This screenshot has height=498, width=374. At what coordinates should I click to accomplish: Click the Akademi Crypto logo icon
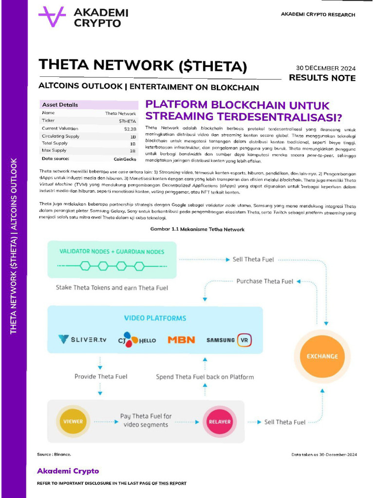(x=52, y=17)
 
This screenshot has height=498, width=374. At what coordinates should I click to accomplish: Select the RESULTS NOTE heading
(x=322, y=78)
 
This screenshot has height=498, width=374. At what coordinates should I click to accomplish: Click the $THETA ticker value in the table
(x=128, y=121)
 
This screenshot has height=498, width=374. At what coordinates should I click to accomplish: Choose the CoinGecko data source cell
(x=125, y=159)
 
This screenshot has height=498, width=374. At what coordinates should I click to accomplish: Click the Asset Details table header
(x=60, y=105)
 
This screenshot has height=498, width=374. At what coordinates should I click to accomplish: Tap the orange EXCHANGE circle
(x=322, y=356)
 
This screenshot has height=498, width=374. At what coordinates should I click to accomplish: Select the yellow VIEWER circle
(x=73, y=421)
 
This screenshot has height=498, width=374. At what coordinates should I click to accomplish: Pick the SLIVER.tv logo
(x=82, y=339)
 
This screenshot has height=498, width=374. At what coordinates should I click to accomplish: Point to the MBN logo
(x=181, y=340)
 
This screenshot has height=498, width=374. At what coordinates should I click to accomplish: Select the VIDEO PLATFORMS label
(x=155, y=318)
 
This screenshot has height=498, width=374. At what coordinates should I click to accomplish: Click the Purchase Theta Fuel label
(x=264, y=281)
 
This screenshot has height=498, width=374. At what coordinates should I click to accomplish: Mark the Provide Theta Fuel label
(x=101, y=376)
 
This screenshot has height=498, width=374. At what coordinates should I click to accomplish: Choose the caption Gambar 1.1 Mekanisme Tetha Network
(x=197, y=229)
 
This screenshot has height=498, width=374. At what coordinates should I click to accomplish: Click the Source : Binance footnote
(x=54, y=454)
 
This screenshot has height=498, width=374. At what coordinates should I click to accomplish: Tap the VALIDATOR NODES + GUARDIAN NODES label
(x=112, y=251)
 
